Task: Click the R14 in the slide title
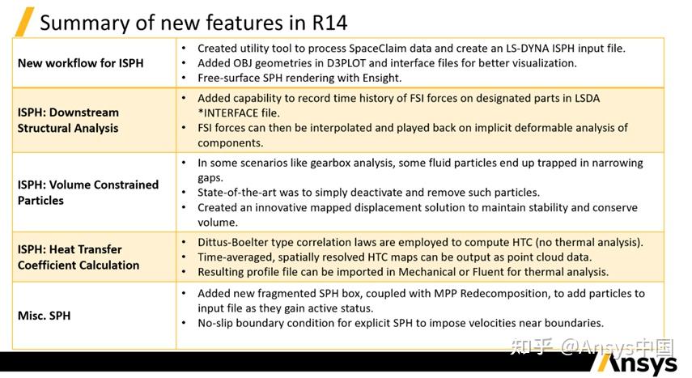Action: (x=329, y=23)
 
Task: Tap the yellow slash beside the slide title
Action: (x=25, y=22)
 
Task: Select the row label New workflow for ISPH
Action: (x=81, y=63)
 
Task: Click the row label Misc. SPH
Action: (x=45, y=316)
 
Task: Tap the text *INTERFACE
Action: (x=227, y=113)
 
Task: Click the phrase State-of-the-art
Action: (x=235, y=193)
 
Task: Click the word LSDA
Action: (x=588, y=98)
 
